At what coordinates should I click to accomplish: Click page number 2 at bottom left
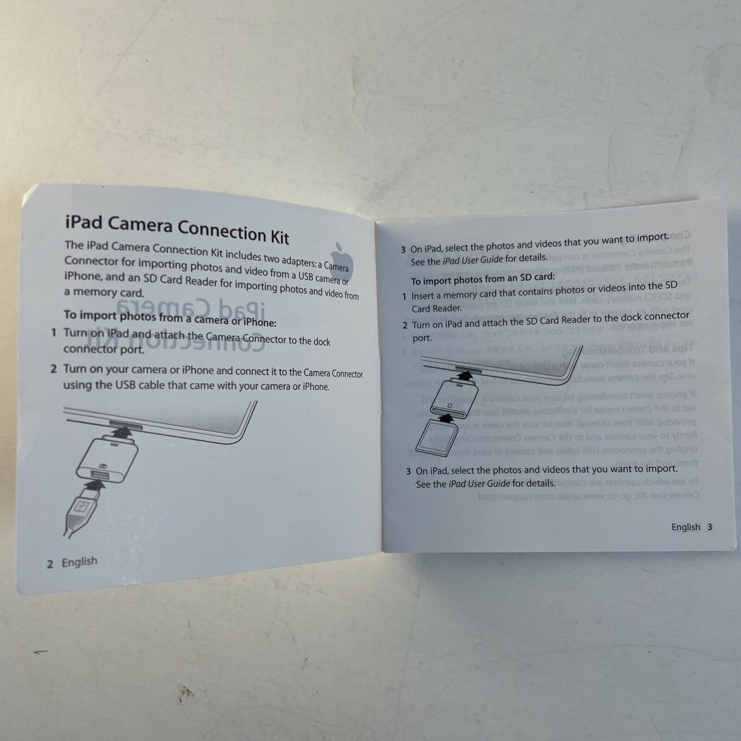pyautogui.click(x=50, y=564)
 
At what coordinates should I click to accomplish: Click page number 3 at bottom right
pyautogui.click(x=709, y=527)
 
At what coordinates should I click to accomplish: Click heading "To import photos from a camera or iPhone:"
pyautogui.click(x=170, y=318)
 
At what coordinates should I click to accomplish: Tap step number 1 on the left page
pyautogui.click(x=54, y=332)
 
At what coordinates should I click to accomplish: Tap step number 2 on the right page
pyautogui.click(x=405, y=325)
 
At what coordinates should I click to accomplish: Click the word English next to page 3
pyautogui.click(x=685, y=527)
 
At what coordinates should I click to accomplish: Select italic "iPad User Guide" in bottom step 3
pyautogui.click(x=479, y=484)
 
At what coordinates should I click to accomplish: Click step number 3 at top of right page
pyautogui.click(x=403, y=250)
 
